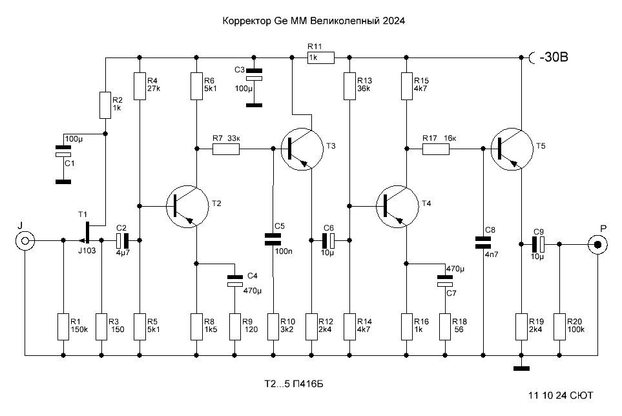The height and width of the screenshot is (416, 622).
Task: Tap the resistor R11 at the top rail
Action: [320, 58]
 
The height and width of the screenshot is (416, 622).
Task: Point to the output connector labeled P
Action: [597, 244]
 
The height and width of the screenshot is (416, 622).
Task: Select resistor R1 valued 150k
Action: [63, 326]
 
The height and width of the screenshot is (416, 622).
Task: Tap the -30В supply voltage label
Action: [552, 58]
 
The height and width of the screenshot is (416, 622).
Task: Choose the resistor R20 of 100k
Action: [559, 326]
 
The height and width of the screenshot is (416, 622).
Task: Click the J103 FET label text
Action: [87, 251]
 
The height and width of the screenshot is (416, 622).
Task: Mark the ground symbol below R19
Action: [521, 369]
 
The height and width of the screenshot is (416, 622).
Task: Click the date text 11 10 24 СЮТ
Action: [561, 394]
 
